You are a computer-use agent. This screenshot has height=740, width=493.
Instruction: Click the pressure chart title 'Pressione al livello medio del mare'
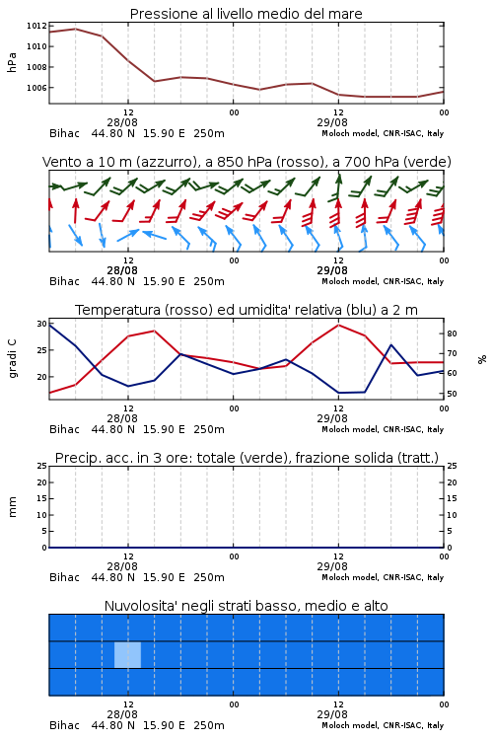pyautogui.click(x=246, y=14)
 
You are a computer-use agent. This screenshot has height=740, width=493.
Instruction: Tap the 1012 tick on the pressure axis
pyautogui.click(x=36, y=26)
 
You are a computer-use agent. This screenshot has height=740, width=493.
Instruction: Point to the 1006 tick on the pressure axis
pyautogui.click(x=36, y=88)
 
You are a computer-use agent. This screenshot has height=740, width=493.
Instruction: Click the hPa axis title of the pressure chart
pyautogui.click(x=12, y=62)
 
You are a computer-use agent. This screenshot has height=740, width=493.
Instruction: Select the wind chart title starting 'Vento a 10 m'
pyautogui.click(x=246, y=162)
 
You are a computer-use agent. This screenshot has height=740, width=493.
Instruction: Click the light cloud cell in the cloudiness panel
pyautogui.click(x=127, y=654)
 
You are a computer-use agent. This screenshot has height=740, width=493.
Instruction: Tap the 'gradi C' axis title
pyautogui.click(x=13, y=358)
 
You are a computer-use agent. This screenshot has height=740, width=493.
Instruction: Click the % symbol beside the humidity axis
pyautogui.click(x=482, y=359)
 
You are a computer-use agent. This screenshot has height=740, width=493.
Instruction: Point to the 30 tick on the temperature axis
pyautogui.click(x=42, y=324)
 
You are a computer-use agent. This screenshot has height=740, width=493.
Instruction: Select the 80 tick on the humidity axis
pyautogui.click(x=452, y=333)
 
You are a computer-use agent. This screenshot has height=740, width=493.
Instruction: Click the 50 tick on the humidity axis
pyautogui.click(x=452, y=394)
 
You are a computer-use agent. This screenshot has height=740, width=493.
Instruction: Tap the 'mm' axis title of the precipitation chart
pyautogui.click(x=13, y=507)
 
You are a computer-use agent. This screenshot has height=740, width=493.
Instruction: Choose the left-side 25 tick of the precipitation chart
pyautogui.click(x=42, y=466)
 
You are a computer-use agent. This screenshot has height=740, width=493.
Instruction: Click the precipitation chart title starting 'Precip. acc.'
pyautogui.click(x=246, y=458)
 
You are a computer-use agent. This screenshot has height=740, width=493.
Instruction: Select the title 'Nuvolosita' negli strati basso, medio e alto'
pyautogui.click(x=246, y=606)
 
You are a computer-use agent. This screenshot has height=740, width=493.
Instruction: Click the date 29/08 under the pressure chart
pyautogui.click(x=332, y=122)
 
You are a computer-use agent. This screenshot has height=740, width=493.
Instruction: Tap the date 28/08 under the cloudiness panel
pyautogui.click(x=122, y=714)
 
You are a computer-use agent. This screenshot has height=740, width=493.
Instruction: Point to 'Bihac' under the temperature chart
pyautogui.click(x=65, y=429)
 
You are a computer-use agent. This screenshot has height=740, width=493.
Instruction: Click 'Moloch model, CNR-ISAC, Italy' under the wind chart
pyautogui.click(x=383, y=282)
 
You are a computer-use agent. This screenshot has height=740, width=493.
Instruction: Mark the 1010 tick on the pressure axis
pyautogui.click(x=36, y=46)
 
